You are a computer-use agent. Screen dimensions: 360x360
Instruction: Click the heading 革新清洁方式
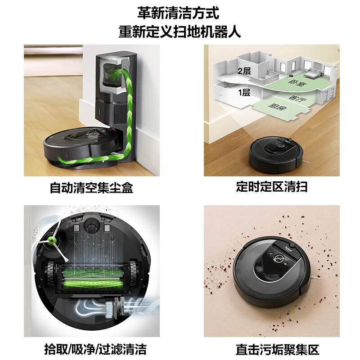tap(178, 13)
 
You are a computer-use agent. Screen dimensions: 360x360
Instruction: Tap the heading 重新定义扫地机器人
tap(180, 31)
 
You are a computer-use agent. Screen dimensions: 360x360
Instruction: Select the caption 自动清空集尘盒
tap(92, 188)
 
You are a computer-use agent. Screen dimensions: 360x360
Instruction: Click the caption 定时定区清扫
tap(272, 186)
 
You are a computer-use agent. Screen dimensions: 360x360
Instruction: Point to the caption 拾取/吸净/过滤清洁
tap(95, 349)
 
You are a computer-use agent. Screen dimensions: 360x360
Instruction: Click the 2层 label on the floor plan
tap(244, 71)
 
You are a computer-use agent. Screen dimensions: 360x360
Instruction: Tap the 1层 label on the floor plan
tap(244, 93)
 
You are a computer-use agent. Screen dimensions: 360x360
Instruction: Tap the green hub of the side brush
tap(51, 241)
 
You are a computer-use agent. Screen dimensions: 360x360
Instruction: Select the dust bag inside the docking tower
tap(112, 74)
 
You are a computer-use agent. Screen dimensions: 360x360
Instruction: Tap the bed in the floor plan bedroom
tap(312, 74)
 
